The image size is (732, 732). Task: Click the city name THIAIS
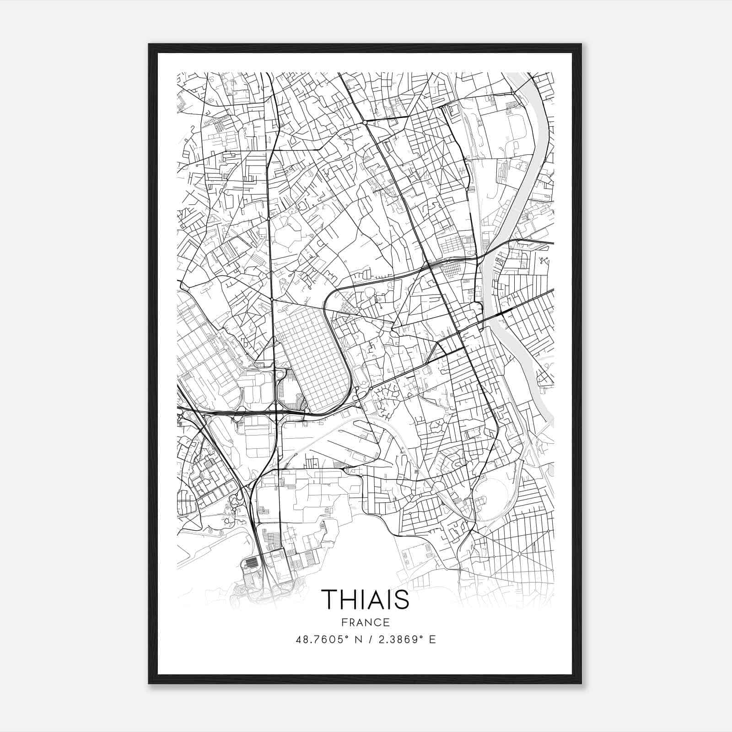(365, 598)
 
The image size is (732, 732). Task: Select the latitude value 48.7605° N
(330, 639)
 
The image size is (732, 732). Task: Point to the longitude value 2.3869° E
(404, 639)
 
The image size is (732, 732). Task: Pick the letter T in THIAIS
(329, 598)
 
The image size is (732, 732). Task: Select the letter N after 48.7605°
(359, 639)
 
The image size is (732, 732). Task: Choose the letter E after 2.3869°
(432, 639)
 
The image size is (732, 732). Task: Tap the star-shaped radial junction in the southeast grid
(519, 554)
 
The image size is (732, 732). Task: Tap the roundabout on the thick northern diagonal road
(365, 123)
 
